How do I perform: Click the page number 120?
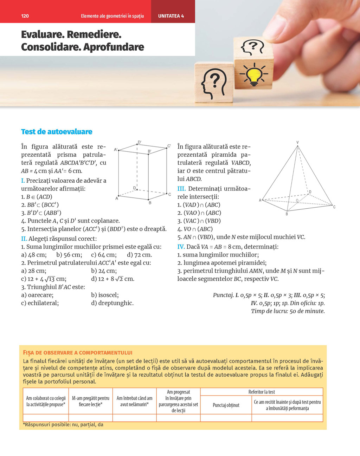[25, 16]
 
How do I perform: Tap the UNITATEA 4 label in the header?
[171, 16]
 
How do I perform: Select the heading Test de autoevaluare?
[57, 132]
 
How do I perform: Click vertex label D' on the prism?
[140, 142]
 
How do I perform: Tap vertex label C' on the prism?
[169, 146]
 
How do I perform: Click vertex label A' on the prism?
[116, 150]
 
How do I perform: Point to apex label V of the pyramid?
[297, 142]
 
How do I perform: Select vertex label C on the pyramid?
[334, 207]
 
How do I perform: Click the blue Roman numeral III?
[181, 189]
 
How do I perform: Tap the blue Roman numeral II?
[24, 239]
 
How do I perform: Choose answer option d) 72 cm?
[140, 255]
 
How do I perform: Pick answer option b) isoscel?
[105, 295]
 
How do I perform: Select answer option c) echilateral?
[40, 303]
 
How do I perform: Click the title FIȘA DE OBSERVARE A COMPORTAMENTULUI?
[77, 353]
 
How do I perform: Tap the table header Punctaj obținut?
[226, 405]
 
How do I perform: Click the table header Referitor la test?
[262, 392]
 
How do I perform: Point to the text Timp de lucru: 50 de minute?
[288, 311]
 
